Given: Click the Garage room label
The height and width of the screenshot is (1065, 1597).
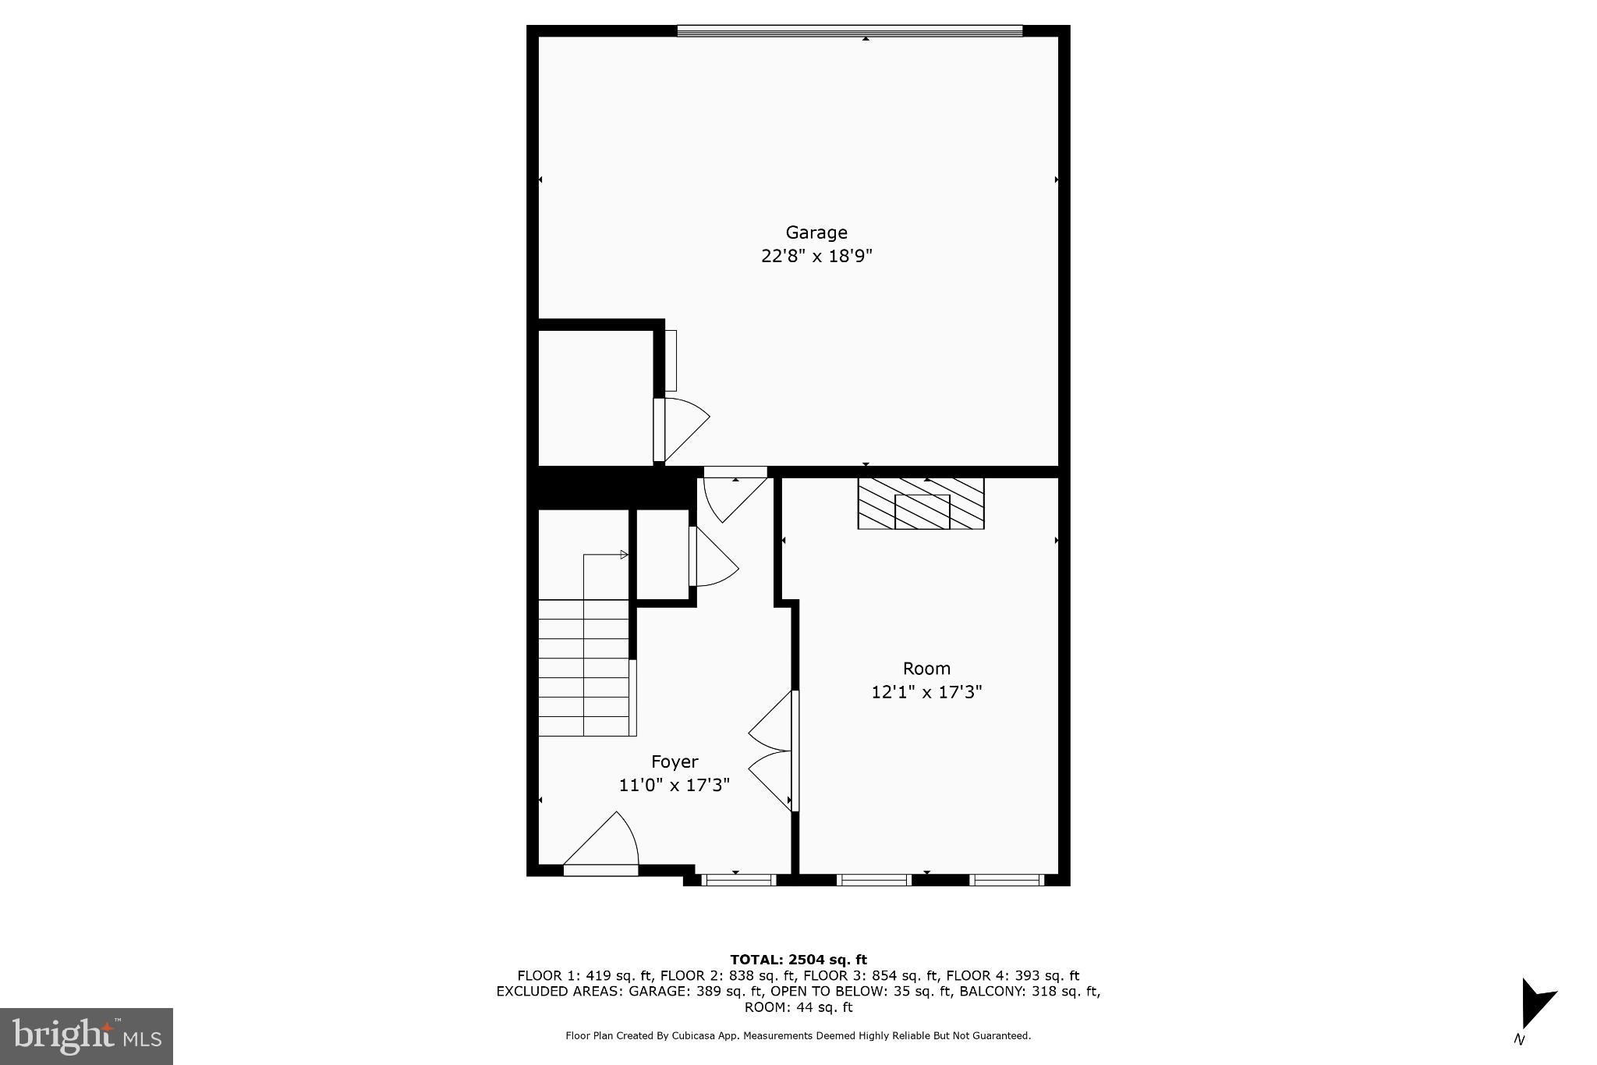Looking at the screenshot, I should [816, 233].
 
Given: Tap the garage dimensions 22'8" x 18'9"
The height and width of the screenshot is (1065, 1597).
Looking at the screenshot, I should [816, 256].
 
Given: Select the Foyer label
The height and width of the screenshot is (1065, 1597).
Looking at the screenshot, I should [675, 761].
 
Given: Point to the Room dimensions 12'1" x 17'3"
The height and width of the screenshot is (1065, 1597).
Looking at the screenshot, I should [926, 691].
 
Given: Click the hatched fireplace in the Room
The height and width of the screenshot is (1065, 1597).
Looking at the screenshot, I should [921, 504].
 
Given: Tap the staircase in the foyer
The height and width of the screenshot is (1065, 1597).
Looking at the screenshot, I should [583, 667].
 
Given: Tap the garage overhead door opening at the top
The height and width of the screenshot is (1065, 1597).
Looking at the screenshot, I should [849, 30].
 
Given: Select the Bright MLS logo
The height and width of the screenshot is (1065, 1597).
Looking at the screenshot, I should [87, 1036].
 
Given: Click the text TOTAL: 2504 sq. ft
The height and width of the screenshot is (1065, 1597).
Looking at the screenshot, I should [798, 960].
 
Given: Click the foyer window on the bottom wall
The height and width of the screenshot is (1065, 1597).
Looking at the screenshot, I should [738, 880].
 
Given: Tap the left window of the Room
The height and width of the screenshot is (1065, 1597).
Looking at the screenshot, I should [873, 880].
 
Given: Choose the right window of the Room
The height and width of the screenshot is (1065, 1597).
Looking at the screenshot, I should [1007, 880].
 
